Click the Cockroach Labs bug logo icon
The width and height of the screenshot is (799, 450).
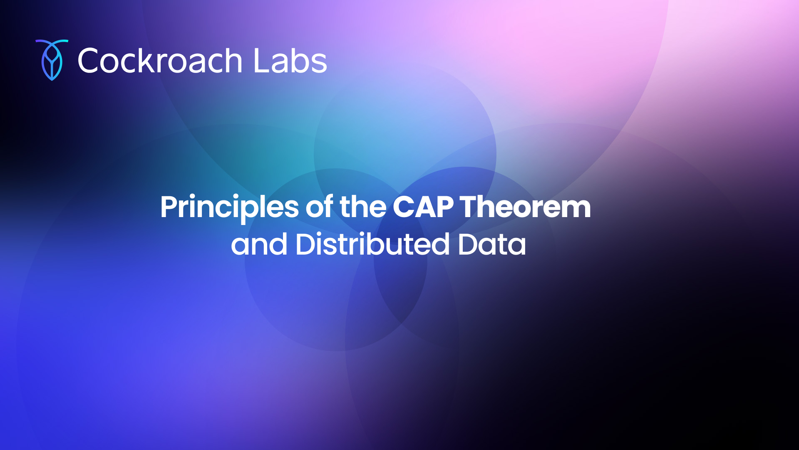pos(52,60)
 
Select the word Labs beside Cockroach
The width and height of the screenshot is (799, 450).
pos(290,61)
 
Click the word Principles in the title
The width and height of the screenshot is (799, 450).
pos(230,207)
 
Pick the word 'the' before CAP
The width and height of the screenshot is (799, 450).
pos(363,207)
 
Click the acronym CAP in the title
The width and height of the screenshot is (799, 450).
pos(423,207)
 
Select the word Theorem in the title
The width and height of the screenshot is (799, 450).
pos(526,207)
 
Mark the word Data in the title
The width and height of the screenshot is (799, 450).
pos(492,244)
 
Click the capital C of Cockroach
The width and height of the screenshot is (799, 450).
pos(90,61)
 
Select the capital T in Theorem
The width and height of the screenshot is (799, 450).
pos(470,207)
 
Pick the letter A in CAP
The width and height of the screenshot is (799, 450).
pos(424,207)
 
